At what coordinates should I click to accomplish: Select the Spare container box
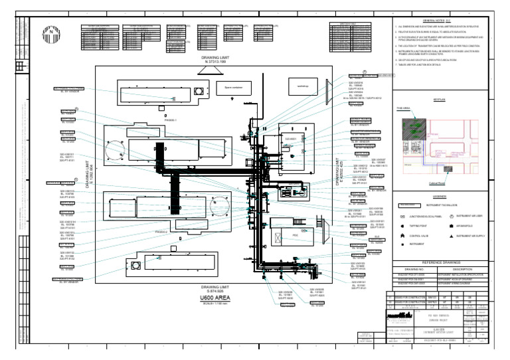pos(233,87)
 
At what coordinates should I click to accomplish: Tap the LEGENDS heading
pos(440,197)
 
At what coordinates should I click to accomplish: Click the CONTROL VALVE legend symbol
pos(402,236)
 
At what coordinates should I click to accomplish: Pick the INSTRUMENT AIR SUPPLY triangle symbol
pos(452,236)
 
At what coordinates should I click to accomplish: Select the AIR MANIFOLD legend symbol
pos(452,226)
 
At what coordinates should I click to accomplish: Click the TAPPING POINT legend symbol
pos(402,226)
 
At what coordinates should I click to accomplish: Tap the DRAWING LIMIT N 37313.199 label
pos(218,60)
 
